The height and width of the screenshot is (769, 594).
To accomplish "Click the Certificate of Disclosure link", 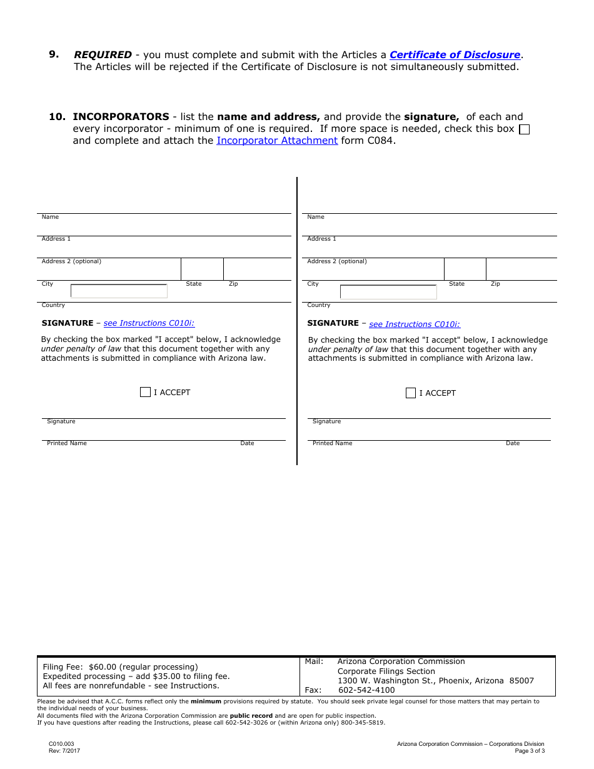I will click(455, 55).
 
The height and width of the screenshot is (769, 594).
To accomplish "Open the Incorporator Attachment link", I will click(277, 141).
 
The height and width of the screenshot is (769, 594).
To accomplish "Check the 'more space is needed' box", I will click(525, 129).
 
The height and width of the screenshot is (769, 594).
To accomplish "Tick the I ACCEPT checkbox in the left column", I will click(145, 392).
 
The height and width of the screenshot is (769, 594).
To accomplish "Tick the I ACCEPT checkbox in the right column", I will click(411, 393).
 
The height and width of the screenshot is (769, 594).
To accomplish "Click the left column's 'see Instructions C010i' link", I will click(149, 323).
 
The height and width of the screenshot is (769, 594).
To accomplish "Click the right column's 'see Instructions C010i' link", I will click(415, 324).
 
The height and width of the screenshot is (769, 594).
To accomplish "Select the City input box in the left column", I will click(119, 291).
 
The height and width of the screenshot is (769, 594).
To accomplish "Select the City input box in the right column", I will click(388, 292).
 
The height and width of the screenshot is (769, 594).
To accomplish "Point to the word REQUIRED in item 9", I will click(103, 55).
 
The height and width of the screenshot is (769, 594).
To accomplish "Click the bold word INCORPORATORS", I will click(121, 117).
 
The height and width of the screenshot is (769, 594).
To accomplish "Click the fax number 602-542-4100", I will click(366, 690).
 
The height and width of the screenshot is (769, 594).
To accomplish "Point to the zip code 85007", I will click(521, 681).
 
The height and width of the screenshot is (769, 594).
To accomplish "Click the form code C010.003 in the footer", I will click(61, 744).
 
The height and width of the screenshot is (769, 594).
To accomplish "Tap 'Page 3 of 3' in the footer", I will click(530, 751).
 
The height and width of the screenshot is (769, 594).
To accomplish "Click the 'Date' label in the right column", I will click(513, 443).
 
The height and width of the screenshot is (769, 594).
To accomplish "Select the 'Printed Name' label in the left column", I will click(67, 443).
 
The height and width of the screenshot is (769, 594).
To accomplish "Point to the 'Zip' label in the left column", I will click(233, 284).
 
